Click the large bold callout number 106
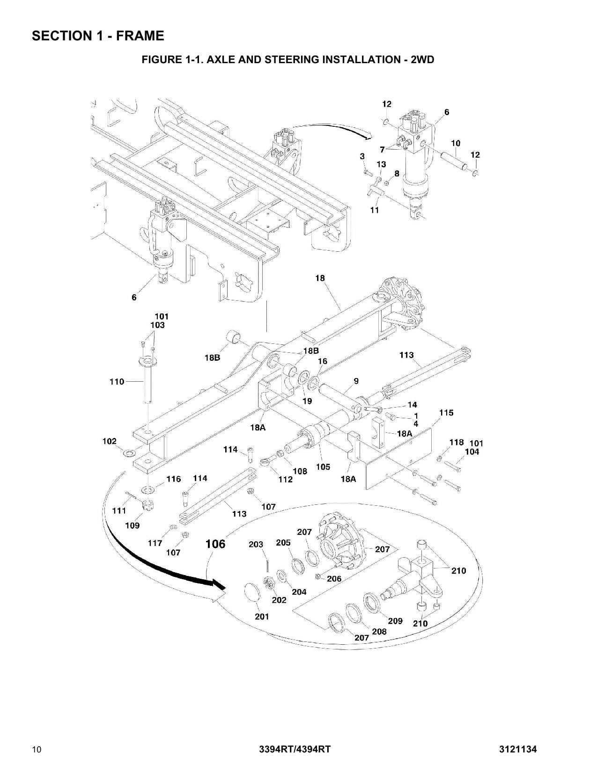216,544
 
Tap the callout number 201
262,616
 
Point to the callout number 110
117,382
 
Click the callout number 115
446,413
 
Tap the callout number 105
323,466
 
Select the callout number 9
356,381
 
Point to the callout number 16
323,361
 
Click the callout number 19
307,401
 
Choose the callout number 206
334,578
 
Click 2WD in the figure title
422,59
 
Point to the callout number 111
119,510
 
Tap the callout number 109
132,525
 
